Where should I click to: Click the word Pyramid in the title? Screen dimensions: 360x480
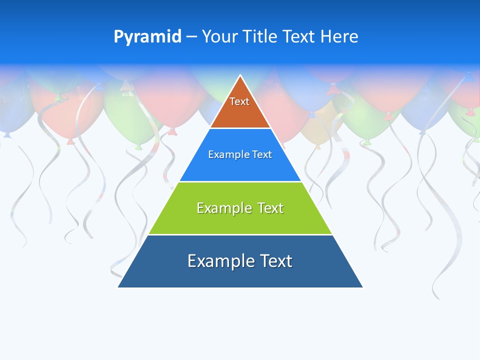pyautogui.click(x=147, y=36)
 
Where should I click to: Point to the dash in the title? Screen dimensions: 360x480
pyautogui.click(x=191, y=37)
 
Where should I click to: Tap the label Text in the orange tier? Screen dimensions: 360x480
pyautogui.click(x=239, y=101)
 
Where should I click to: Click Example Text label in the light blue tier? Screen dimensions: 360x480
pyautogui.click(x=240, y=154)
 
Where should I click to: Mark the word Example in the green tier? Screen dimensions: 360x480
pyautogui.click(x=223, y=207)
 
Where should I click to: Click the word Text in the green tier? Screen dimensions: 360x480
pyautogui.click(x=270, y=207)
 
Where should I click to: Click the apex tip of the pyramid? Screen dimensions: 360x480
pyautogui.click(x=240, y=76)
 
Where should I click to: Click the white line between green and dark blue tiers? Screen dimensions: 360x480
pyautogui.click(x=240, y=234)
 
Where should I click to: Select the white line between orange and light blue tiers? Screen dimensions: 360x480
pyautogui.click(x=240, y=128)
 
